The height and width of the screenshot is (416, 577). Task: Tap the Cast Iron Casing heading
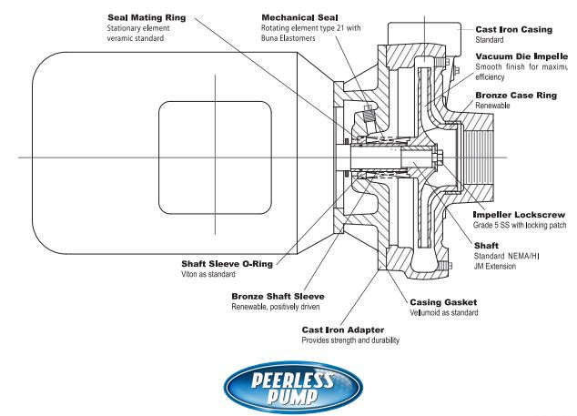click(515, 29)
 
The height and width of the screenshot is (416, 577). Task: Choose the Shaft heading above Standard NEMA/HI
click(487, 245)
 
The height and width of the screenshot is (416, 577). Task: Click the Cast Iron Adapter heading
click(344, 330)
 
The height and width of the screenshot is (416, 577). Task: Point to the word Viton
click(191, 276)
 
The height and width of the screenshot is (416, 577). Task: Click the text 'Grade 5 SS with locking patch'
click(520, 226)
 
